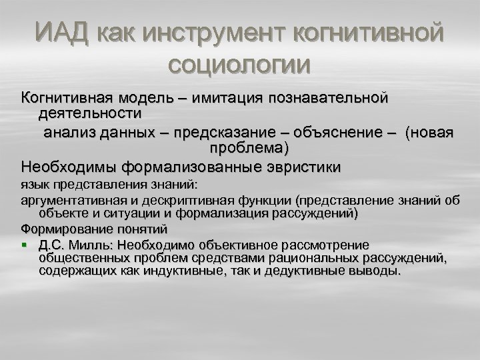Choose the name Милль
pyautogui.click(x=87, y=245)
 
